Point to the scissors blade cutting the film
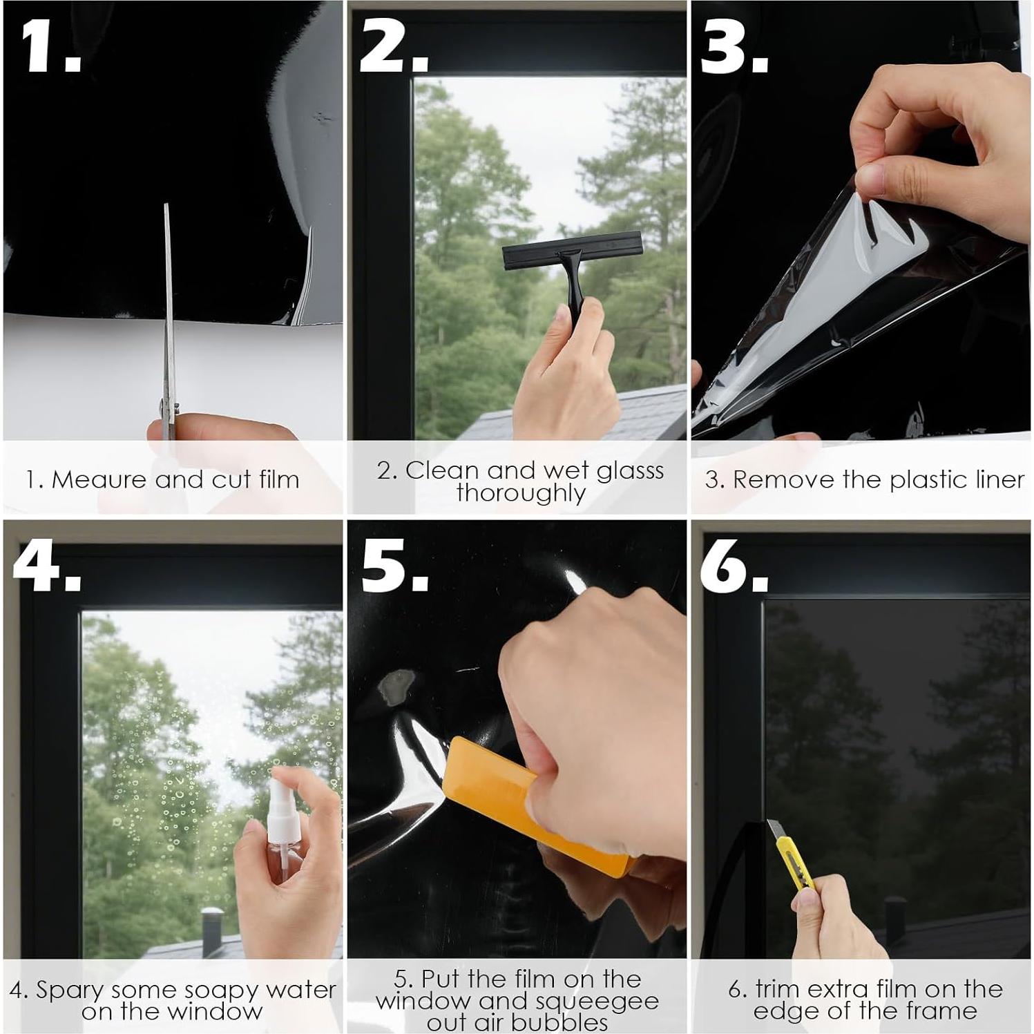pyautogui.click(x=168, y=311)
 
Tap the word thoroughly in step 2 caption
pyautogui.click(x=521, y=493)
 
